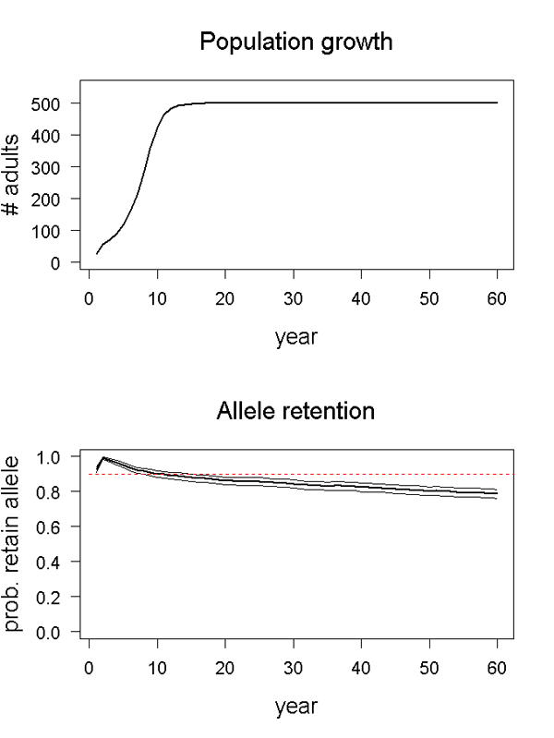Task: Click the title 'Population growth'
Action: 295,42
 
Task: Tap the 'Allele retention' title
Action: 295,411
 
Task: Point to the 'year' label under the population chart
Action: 295,338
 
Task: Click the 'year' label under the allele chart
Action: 295,708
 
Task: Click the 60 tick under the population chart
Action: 498,299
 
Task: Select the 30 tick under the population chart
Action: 294,299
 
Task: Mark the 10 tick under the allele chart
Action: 158,668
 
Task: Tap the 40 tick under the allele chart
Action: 362,668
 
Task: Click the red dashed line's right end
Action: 512,475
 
